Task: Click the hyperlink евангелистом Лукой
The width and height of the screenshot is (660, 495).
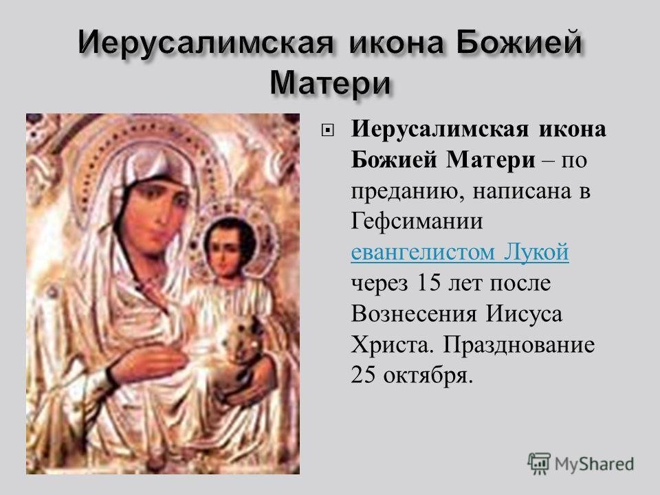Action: [x=460, y=252]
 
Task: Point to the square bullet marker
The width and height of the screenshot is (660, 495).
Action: [x=327, y=131]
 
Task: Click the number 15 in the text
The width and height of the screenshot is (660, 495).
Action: [x=427, y=283]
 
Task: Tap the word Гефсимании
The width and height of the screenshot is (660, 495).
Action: [x=417, y=221]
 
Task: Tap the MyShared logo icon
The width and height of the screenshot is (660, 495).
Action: [x=539, y=464]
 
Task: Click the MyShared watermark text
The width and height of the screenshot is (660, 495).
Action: [x=594, y=464]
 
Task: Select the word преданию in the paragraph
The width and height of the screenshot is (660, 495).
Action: [x=408, y=192]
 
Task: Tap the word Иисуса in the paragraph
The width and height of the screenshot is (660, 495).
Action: [x=524, y=313]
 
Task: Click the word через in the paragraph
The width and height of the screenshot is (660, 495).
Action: [x=379, y=283]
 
